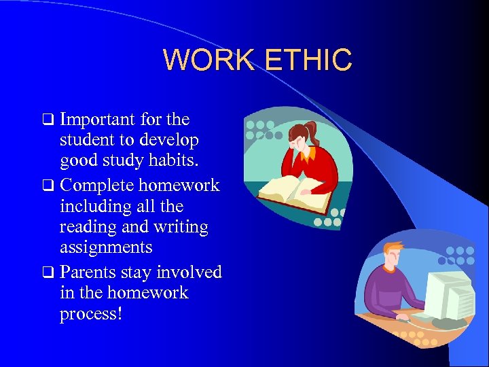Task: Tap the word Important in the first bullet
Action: (x=96, y=120)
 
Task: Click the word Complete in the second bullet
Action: (x=96, y=186)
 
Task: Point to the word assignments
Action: (x=105, y=247)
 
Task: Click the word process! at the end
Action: (x=90, y=314)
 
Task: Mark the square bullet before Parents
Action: (x=48, y=273)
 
